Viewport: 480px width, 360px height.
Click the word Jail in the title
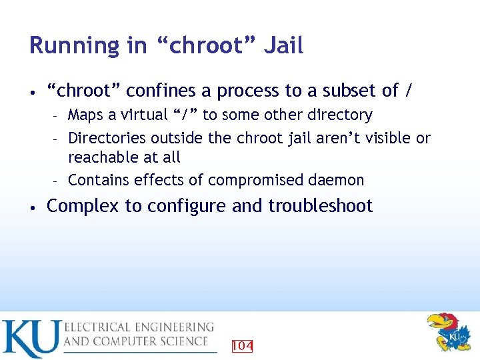tap(283, 45)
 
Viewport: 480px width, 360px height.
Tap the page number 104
tap(242, 345)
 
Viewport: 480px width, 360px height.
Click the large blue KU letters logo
tap(31, 338)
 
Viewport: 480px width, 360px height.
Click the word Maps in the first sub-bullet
tap(85, 115)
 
